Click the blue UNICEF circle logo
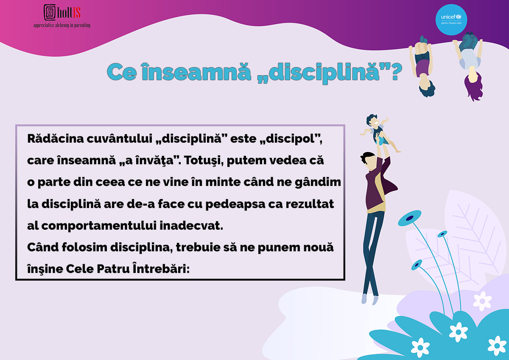[451, 20]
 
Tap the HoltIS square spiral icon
[50, 12]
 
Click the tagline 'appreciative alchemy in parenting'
[62, 25]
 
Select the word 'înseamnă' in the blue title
[196, 72]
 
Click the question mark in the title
[397, 72]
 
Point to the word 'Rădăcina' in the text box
[56, 138]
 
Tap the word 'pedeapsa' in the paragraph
[235, 205]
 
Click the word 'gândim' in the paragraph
[318, 183]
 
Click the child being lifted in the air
[380, 133]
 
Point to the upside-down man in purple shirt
[422, 66]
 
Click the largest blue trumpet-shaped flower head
[410, 218]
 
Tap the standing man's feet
[370, 299]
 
